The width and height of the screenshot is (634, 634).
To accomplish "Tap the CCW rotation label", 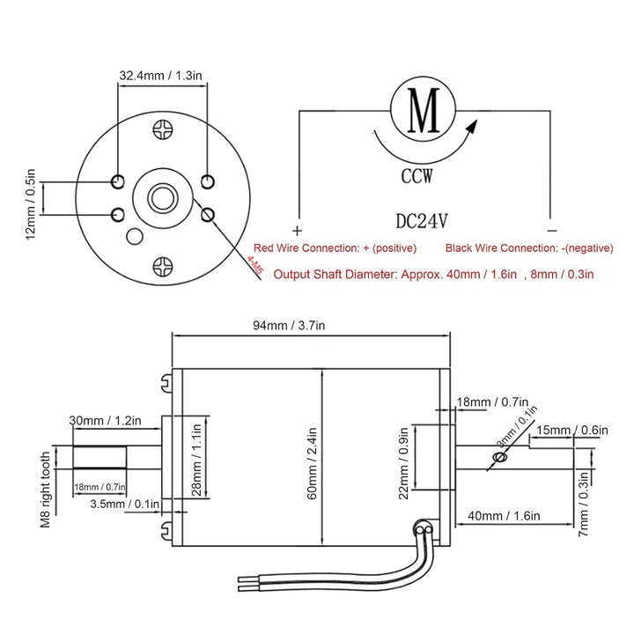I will [417, 176].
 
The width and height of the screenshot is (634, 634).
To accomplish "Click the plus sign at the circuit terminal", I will [299, 225].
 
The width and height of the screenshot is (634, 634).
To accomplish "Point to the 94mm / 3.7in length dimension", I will [290, 325].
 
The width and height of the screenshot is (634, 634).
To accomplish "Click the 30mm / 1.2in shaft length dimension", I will [107, 421].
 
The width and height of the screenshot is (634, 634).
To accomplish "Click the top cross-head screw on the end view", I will [162, 130].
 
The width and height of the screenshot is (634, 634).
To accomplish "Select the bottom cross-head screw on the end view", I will [163, 265].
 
